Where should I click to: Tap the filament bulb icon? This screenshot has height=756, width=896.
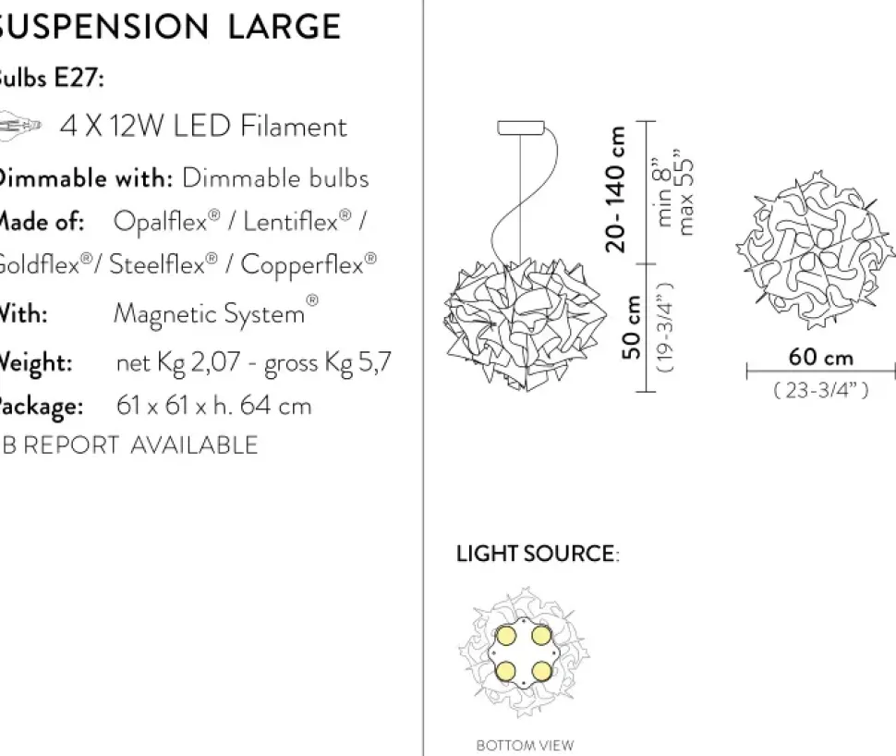pos(20,124)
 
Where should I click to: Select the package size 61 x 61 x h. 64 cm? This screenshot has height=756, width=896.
pos(213,406)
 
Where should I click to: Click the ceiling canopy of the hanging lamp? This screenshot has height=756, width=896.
pos(523,128)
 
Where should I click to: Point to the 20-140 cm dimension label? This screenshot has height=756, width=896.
pos(617,189)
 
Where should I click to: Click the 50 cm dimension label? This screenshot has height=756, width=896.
pos(632,327)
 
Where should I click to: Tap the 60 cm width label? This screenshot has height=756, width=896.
pos(820,358)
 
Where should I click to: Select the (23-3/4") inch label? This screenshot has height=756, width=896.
pos(820,391)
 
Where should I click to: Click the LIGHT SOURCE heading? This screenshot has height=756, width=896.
pos(536,555)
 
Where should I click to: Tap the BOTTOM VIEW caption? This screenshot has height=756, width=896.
pos(525,745)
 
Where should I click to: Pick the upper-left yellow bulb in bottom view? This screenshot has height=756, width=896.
pos(505,636)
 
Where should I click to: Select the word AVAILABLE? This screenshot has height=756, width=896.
pos(194,445)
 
